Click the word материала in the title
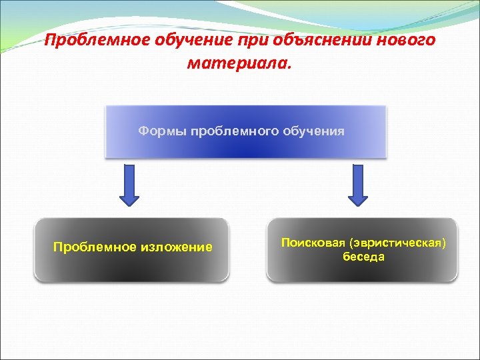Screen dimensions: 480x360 [237, 64]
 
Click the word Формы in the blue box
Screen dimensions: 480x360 [162, 131]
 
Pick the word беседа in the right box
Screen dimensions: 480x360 [364, 257]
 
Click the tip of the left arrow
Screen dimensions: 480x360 [130, 203]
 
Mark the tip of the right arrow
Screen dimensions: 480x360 [358, 203]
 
